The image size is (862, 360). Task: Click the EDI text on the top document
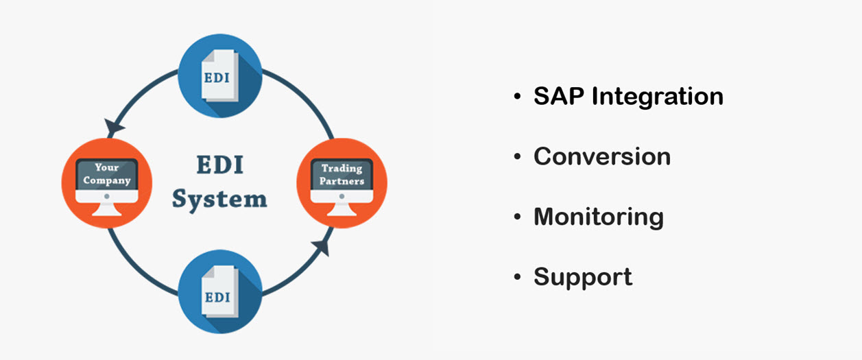[x=217, y=77]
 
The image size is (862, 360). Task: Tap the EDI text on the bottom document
[x=217, y=298]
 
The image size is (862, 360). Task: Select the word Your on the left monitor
[x=106, y=167]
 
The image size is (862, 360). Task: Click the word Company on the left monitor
[x=107, y=180]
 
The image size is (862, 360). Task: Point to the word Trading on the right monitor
[x=342, y=169]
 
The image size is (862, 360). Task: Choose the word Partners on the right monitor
[x=342, y=181]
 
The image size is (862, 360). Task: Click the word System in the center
[x=219, y=200]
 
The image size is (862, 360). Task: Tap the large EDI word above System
[x=219, y=165]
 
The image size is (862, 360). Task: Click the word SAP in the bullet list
[x=559, y=96]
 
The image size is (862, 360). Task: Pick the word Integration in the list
[x=658, y=96]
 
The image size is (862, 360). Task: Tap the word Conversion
[x=602, y=156]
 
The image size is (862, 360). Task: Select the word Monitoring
[x=599, y=217]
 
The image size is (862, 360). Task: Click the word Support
[x=583, y=277]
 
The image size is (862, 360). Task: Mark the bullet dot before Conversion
[x=517, y=156]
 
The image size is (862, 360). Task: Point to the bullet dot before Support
[x=517, y=276]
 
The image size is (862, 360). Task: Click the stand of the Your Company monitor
[x=106, y=209]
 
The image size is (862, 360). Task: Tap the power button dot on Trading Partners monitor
[x=342, y=196]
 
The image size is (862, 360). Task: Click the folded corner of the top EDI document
[x=208, y=56]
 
